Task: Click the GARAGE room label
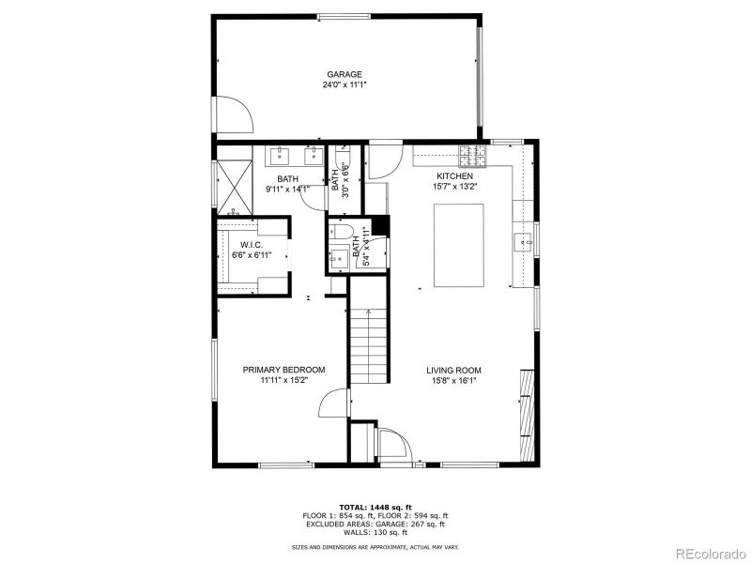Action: coord(344,74)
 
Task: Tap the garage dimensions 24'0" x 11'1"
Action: coord(344,84)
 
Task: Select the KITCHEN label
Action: coord(454,176)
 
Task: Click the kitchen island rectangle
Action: coord(458,245)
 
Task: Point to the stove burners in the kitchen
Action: coord(473,152)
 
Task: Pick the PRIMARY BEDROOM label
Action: coord(284,371)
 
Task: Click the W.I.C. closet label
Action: coord(251,245)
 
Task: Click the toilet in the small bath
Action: coord(342,232)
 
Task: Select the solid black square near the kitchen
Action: coord(379,226)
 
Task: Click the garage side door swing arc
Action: coord(235,114)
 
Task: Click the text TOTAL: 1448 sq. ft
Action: coord(375,507)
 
